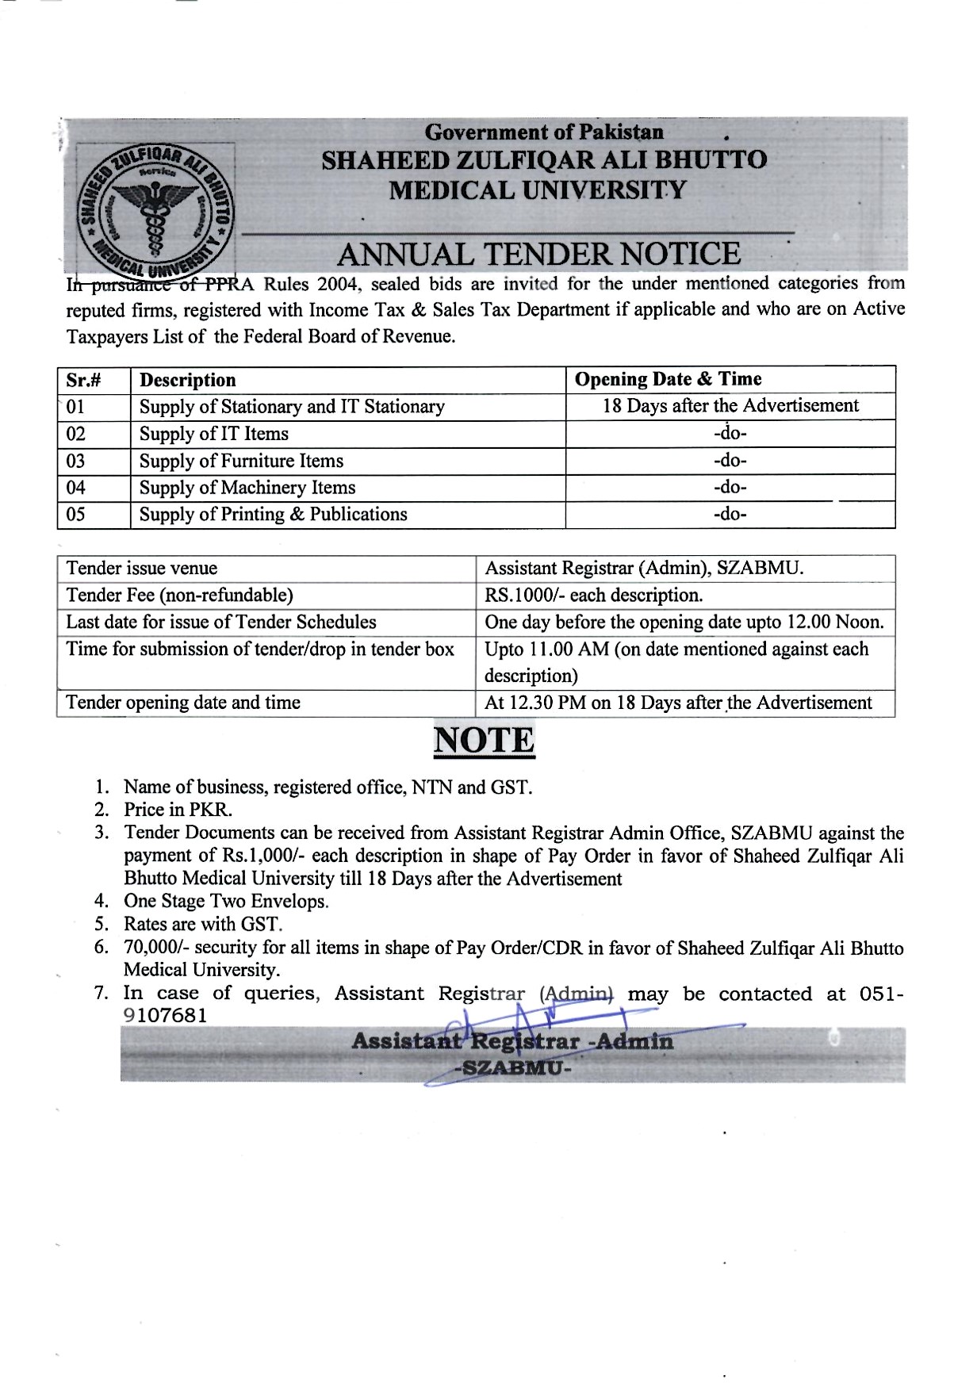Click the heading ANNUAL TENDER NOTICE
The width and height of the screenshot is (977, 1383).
[538, 254]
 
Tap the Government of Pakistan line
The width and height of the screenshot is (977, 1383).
[544, 132]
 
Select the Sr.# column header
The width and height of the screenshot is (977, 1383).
[83, 380]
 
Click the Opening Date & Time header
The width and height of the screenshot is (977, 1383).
[668, 379]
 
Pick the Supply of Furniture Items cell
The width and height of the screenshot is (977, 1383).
[241, 461]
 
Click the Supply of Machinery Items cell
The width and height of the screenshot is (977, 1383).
[247, 488]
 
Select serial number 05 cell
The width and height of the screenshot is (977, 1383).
[77, 515]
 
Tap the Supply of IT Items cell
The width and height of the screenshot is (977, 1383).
[214, 434]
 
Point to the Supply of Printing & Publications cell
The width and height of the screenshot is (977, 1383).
[273, 515]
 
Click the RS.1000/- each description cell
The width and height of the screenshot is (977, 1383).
[593, 596]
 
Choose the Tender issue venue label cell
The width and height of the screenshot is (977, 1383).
[142, 569]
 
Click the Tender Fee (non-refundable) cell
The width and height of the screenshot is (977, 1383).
[179, 596]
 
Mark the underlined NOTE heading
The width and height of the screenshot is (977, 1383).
[484, 741]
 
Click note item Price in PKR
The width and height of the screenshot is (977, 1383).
[178, 810]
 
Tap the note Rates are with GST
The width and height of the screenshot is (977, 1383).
[203, 925]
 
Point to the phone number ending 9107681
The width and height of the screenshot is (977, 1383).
[166, 1016]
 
